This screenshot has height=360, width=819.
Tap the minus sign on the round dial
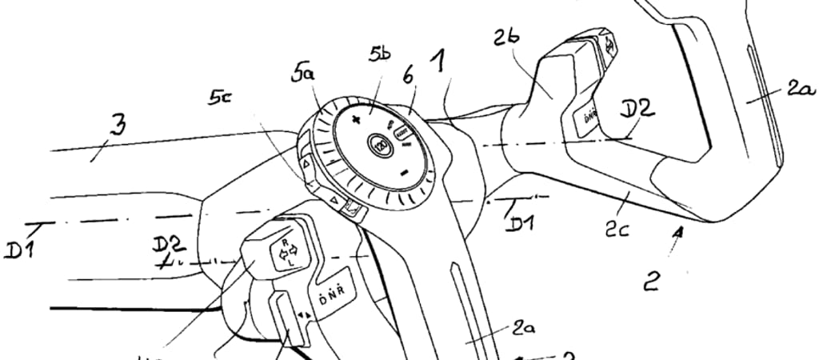click(406, 172)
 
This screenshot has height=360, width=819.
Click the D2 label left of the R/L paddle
click(169, 246)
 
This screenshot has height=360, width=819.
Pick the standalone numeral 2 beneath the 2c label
click(653, 280)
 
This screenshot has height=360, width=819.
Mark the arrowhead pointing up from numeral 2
click(679, 233)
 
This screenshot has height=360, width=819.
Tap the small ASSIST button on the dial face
click(400, 132)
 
